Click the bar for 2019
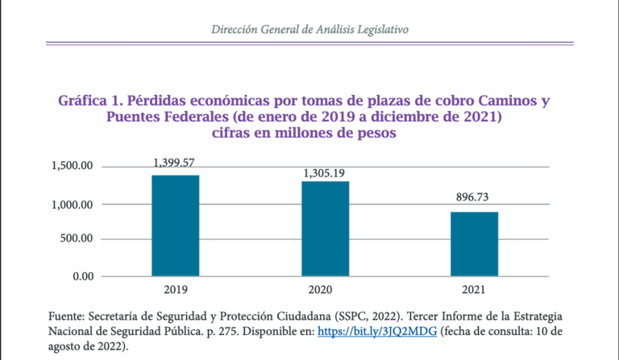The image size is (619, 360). tap(175, 226)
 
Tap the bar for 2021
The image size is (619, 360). tap(474, 244)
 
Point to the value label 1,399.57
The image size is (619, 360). tap(176, 163)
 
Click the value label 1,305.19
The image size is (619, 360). tap(326, 173)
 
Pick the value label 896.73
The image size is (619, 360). tap(474, 198)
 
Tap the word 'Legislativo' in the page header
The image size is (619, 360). tap(378, 29)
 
